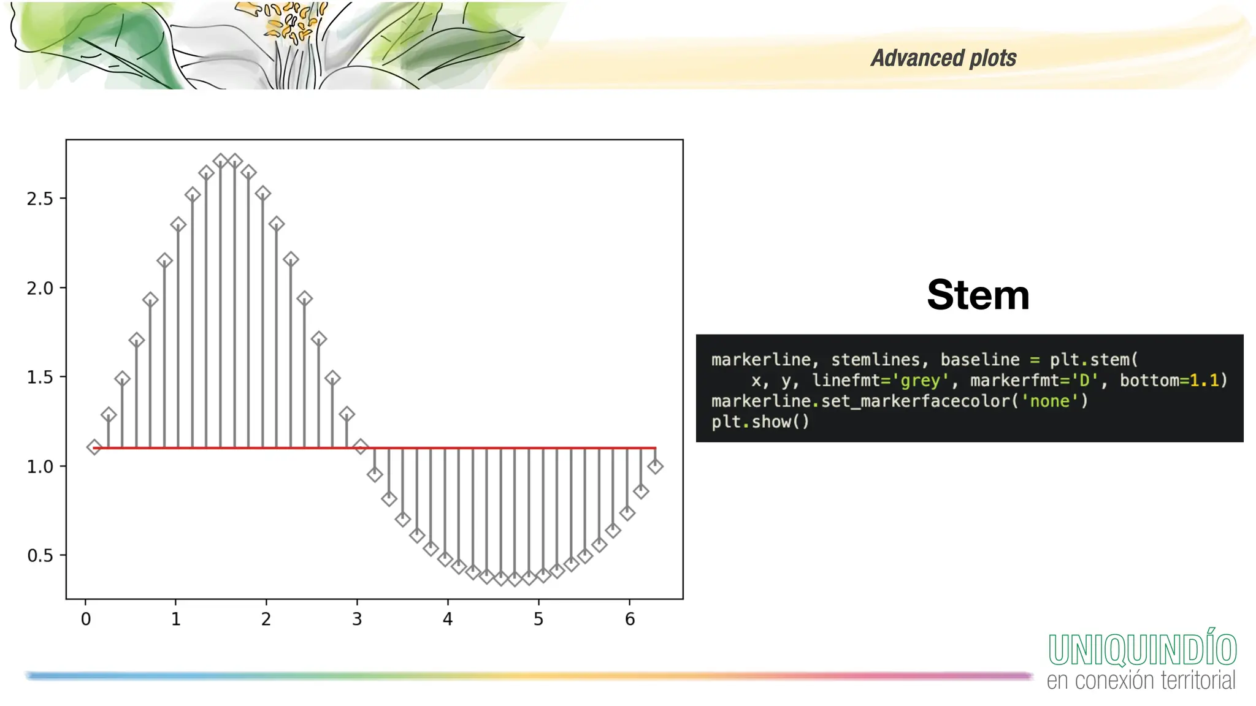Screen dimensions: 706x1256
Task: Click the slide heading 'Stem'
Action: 978,295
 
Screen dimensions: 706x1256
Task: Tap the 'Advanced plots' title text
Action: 943,58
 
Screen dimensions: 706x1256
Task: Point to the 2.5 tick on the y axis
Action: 40,199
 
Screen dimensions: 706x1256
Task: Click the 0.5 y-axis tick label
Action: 40,556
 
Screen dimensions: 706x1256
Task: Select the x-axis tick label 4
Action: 448,619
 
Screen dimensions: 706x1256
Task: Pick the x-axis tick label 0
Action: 86,619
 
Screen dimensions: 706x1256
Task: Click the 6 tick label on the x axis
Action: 630,619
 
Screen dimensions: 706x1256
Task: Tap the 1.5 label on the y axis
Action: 40,378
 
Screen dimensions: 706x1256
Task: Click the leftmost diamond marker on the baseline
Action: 94,447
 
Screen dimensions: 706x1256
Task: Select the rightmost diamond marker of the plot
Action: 655,466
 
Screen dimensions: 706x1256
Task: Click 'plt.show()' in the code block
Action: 760,422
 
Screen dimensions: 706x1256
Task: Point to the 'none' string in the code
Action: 1049,401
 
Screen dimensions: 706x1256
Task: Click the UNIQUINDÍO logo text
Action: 1142,650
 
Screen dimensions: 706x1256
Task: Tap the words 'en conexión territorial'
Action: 1141,681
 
